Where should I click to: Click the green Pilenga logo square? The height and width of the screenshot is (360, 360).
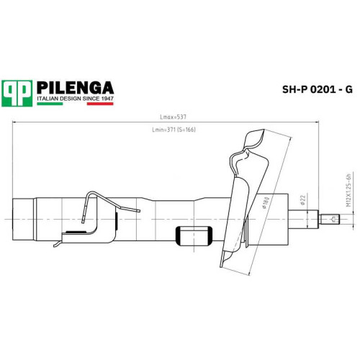(17, 94)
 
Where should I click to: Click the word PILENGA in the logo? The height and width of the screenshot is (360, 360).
(75, 88)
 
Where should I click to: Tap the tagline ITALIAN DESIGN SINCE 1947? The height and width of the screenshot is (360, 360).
(75, 99)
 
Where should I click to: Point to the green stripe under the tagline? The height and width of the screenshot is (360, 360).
(50, 104)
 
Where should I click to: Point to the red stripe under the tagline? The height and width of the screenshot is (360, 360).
(100, 104)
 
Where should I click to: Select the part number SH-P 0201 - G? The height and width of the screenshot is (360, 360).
(318, 89)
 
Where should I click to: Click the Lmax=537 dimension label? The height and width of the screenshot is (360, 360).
(174, 117)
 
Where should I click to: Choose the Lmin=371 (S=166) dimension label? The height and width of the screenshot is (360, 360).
(174, 130)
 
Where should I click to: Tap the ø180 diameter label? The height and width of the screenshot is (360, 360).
(266, 203)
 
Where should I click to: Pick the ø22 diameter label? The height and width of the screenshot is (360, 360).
(302, 200)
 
